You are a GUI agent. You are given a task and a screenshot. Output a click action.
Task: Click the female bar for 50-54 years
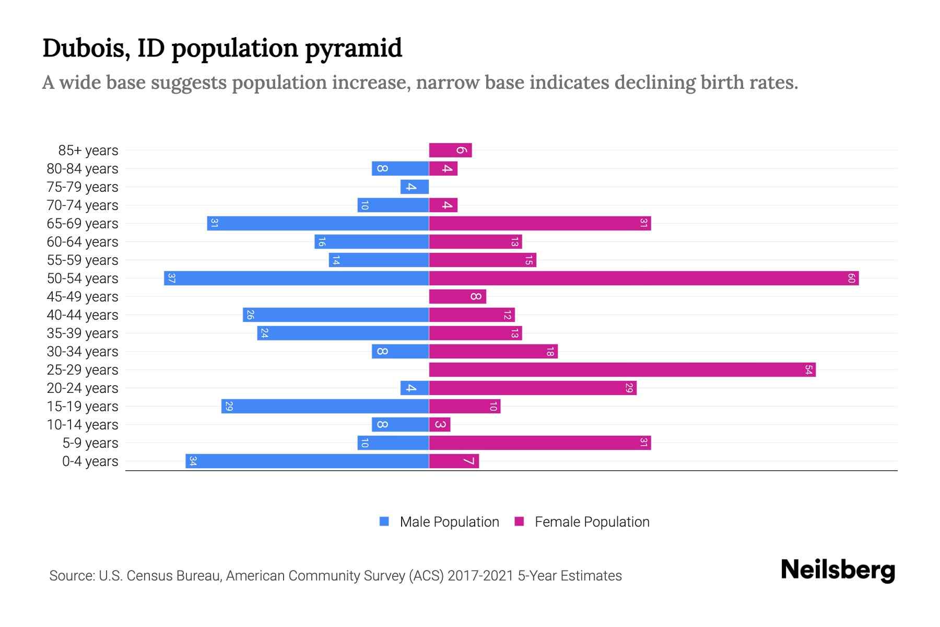click(643, 278)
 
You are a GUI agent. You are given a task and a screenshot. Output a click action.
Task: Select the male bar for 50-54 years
click(296, 278)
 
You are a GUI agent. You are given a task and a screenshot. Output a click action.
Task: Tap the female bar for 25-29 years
click(622, 369)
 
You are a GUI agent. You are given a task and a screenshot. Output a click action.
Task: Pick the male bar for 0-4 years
click(307, 461)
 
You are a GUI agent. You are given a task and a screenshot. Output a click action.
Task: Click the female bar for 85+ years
click(450, 150)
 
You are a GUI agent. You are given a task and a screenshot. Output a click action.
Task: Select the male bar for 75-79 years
click(415, 187)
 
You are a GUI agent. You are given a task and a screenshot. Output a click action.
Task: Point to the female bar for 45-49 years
click(457, 296)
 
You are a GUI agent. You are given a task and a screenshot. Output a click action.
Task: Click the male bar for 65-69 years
click(318, 223)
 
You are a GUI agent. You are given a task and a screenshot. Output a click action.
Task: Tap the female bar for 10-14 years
click(440, 424)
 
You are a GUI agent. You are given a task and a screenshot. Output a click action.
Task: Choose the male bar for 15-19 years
click(325, 406)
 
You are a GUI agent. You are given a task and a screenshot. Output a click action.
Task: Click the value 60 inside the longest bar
click(851, 278)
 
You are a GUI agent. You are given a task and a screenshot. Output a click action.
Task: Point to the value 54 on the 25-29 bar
click(808, 369)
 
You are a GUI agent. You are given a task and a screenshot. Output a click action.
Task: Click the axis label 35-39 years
click(83, 333)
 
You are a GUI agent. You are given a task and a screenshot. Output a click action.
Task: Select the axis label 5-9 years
click(90, 443)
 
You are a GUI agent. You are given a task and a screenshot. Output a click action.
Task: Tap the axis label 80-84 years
click(83, 169)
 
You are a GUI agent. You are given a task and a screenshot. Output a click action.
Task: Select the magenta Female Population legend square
click(519, 521)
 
